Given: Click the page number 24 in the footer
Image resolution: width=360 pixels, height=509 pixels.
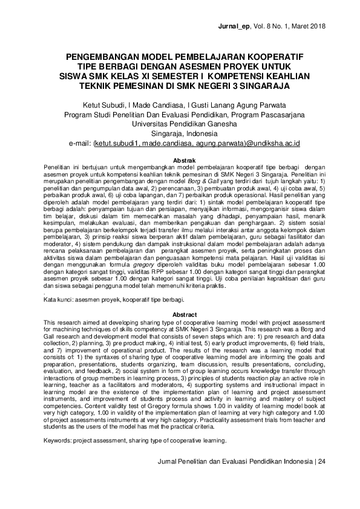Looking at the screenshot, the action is tap(321, 461).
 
